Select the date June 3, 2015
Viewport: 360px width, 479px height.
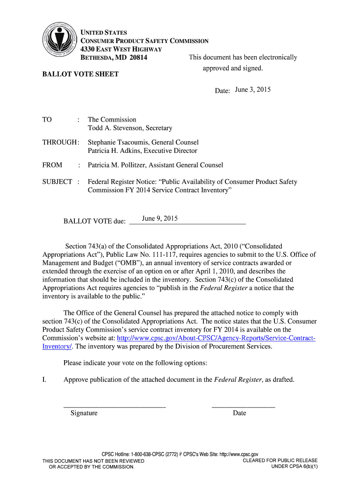[253, 90]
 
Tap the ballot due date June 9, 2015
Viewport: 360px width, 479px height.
[160, 218]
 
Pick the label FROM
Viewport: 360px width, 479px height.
[52, 165]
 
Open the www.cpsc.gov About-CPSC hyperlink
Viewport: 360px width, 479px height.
[215, 338]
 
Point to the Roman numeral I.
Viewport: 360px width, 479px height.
[43, 379]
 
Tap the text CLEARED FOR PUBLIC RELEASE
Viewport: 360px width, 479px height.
[280, 461]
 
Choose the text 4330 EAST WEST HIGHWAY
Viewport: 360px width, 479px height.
[121, 50]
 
